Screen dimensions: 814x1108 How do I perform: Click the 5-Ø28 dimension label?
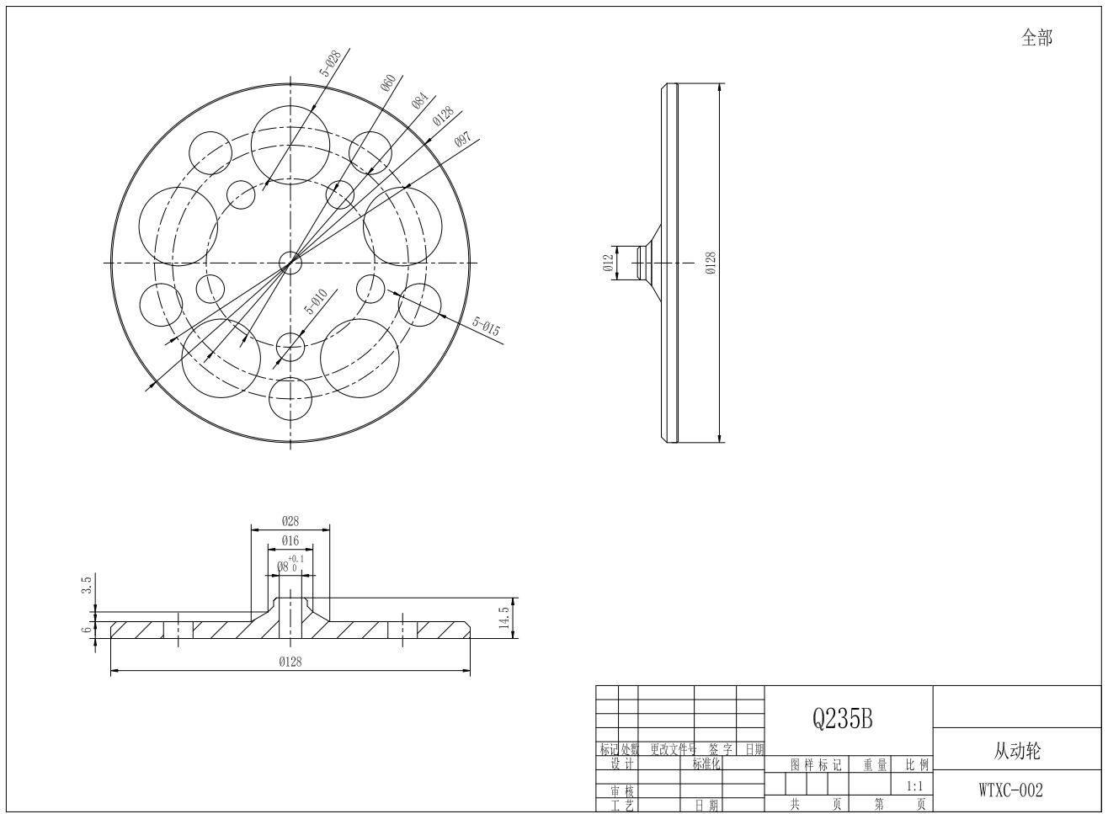[330, 65]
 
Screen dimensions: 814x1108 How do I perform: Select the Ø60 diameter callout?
[388, 82]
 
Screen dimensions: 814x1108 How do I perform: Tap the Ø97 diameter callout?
[462, 141]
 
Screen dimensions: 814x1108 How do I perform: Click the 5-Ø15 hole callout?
[486, 327]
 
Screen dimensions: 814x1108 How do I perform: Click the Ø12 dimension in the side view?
[608, 263]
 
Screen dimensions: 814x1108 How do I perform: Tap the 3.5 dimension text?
[86, 584]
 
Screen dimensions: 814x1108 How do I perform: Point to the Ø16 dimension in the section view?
[290, 540]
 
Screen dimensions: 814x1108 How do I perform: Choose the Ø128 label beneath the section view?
[290, 662]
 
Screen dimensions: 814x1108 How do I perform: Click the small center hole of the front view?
[290, 263]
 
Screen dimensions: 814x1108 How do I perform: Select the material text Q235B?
[842, 718]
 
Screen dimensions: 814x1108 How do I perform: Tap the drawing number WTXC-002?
[1010, 790]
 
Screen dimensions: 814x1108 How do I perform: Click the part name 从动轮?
[1016, 750]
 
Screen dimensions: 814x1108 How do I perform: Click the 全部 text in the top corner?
[1036, 38]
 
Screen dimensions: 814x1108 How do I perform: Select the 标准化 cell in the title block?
[707, 764]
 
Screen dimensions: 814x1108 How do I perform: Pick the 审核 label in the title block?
[622, 791]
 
